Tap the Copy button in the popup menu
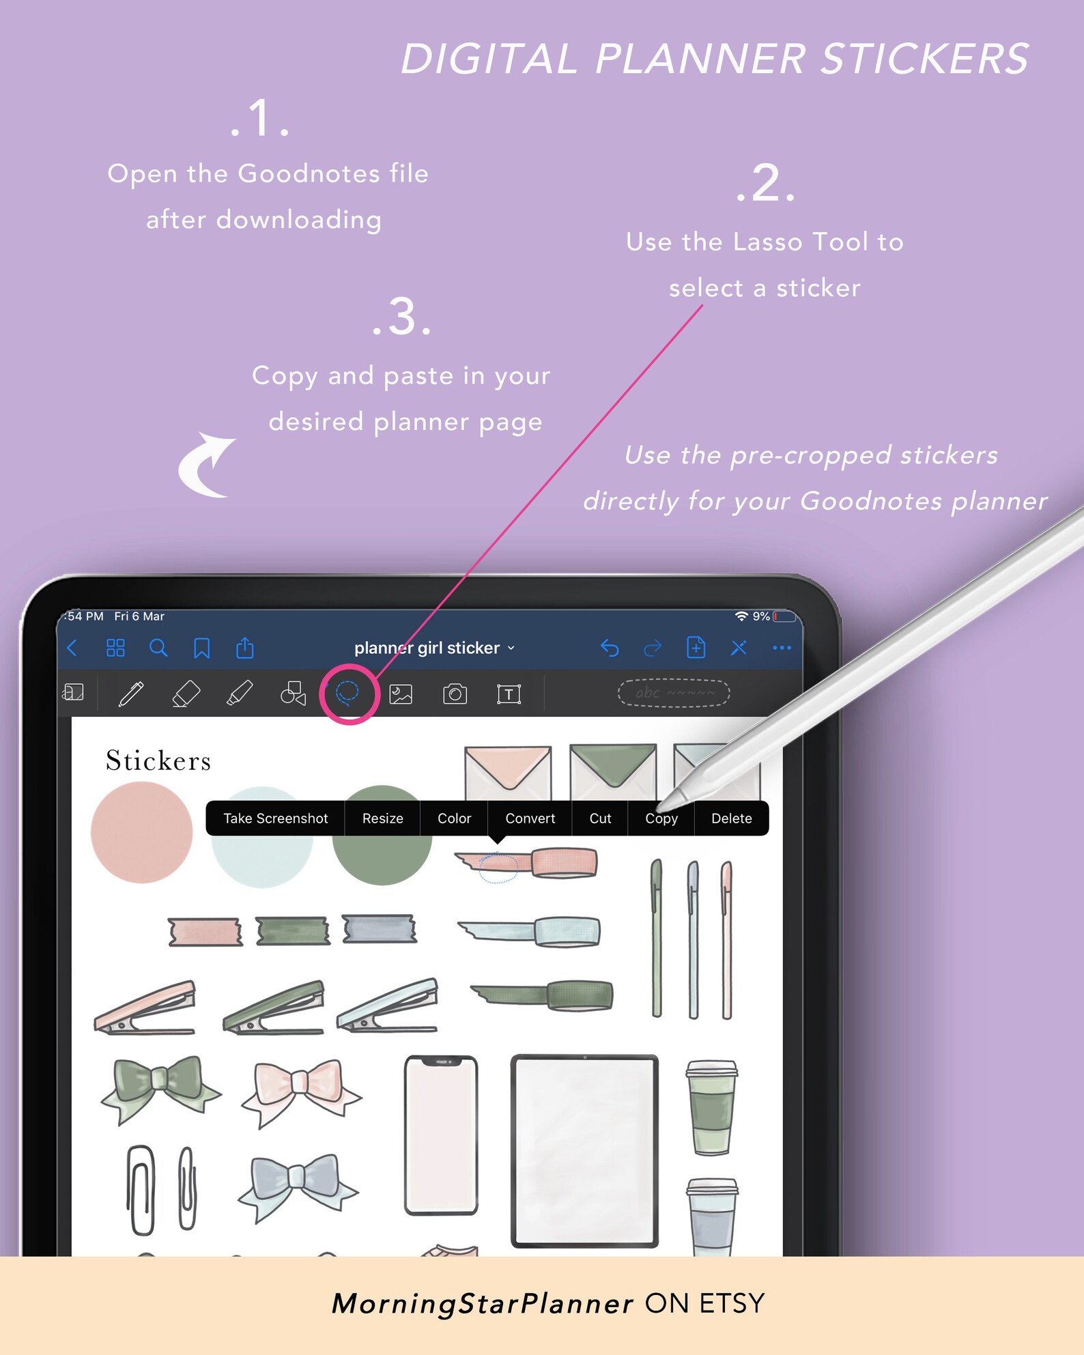pos(661,818)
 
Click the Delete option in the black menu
pos(731,818)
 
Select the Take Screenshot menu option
pos(275,818)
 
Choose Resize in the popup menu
pos(382,818)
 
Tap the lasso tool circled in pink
pos(348,693)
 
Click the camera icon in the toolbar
pos(455,694)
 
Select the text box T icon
pos(509,694)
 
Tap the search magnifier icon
pos(158,648)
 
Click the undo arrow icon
pos(610,648)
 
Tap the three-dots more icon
pos(782,648)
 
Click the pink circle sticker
pos(142,832)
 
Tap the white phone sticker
pos(441,1135)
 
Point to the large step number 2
pos(766,183)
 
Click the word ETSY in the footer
pos(732,1304)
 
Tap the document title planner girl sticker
pos(427,648)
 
